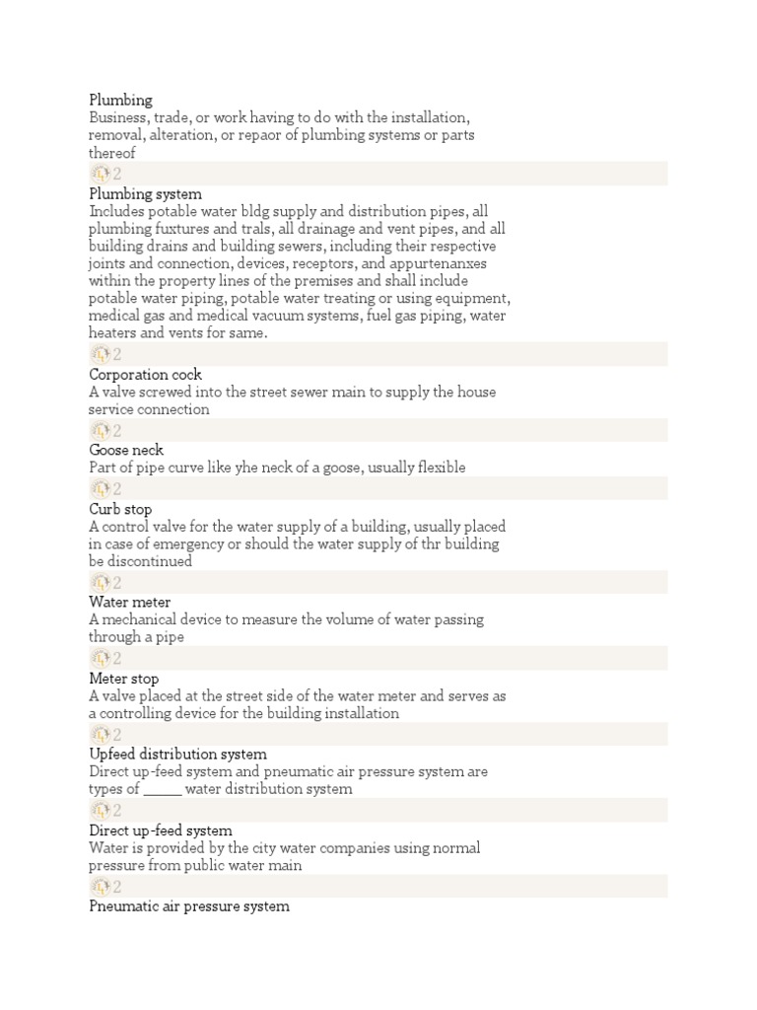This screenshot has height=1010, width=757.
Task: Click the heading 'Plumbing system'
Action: coord(145,194)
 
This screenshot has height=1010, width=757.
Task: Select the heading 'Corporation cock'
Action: coord(145,375)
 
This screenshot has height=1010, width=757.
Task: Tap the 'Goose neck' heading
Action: coord(126,451)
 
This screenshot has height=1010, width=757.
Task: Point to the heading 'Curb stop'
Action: coord(120,510)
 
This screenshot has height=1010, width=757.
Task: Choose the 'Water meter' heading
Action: coord(129,603)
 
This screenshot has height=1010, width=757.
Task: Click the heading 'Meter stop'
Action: coord(123,679)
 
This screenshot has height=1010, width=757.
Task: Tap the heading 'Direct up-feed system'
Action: coord(161,830)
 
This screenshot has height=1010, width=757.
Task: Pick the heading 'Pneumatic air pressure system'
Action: coord(189,906)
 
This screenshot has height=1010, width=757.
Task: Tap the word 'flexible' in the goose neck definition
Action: coord(440,468)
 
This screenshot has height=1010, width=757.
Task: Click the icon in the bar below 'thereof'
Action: coord(101,175)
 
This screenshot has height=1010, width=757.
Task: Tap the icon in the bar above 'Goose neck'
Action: coord(101,431)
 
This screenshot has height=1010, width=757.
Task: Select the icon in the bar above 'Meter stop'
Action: coord(101,659)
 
